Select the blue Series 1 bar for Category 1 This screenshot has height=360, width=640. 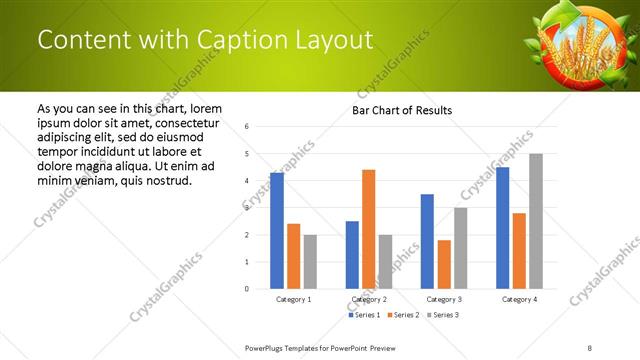pos(277,230)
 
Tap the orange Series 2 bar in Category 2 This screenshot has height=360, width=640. pos(368,229)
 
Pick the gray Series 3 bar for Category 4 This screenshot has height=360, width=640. pos(536,221)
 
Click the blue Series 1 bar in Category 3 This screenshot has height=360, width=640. pos(427,241)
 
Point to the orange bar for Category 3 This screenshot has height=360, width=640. pos(444,264)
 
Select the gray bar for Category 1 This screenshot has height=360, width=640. pos(310,261)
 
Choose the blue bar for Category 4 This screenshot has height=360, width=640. pos(503,228)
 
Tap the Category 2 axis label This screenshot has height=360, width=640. pos(368,299)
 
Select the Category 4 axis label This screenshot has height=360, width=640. pos(519,299)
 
